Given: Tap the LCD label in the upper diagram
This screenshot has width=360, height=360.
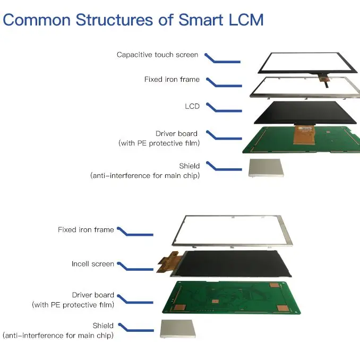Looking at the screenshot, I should [192, 106].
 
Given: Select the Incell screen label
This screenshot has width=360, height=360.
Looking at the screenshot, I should [93, 264].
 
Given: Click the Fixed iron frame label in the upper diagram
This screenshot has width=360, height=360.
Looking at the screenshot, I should [172, 80].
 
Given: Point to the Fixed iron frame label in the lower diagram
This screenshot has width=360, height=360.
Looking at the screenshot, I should [85, 230].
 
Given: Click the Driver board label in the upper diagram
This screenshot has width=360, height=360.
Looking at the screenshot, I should [176, 134].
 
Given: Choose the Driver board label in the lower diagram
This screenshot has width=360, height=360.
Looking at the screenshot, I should [93, 295].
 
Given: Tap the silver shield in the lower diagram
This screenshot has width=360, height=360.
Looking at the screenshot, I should [177, 329].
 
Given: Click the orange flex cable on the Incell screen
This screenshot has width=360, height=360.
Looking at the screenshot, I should [169, 262].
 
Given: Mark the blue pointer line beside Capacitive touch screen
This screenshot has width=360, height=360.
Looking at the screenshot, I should [222, 58].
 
